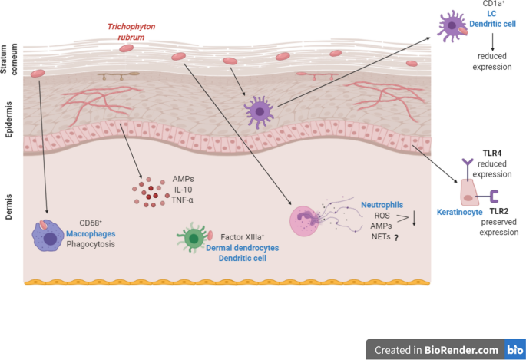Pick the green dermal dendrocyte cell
click(x=192, y=236)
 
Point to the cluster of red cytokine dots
click(x=147, y=193)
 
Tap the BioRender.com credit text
click(x=435, y=350)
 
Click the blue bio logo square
click(x=514, y=350)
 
